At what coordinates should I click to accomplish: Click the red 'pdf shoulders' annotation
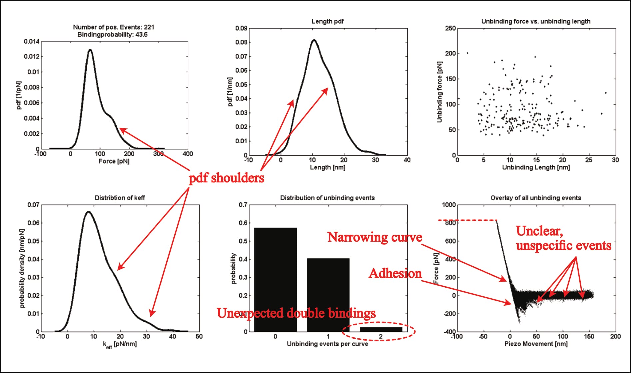tap(226, 178)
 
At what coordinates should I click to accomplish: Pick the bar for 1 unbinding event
tap(328, 295)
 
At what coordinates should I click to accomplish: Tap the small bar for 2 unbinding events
tap(381, 329)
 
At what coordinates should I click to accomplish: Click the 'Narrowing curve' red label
tap(375, 237)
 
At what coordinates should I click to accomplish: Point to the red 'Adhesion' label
tap(395, 273)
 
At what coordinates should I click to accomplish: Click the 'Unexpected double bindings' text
tap(296, 313)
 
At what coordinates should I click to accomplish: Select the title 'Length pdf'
tap(327, 21)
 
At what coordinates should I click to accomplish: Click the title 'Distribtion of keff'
tap(120, 198)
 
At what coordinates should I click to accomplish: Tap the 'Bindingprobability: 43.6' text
tap(112, 35)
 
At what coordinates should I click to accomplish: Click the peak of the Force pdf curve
tap(90, 50)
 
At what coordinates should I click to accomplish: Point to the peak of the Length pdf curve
tap(314, 40)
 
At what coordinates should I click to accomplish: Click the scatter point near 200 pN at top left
tap(467, 53)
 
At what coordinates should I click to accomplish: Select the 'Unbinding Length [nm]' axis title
tap(536, 167)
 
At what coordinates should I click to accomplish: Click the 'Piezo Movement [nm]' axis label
tap(536, 344)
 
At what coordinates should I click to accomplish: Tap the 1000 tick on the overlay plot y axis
tap(449, 205)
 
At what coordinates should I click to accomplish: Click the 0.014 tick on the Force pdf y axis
tap(31, 41)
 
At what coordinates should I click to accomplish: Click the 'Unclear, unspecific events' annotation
tap(563, 238)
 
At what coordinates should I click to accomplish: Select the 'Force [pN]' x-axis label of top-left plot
tap(114, 161)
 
